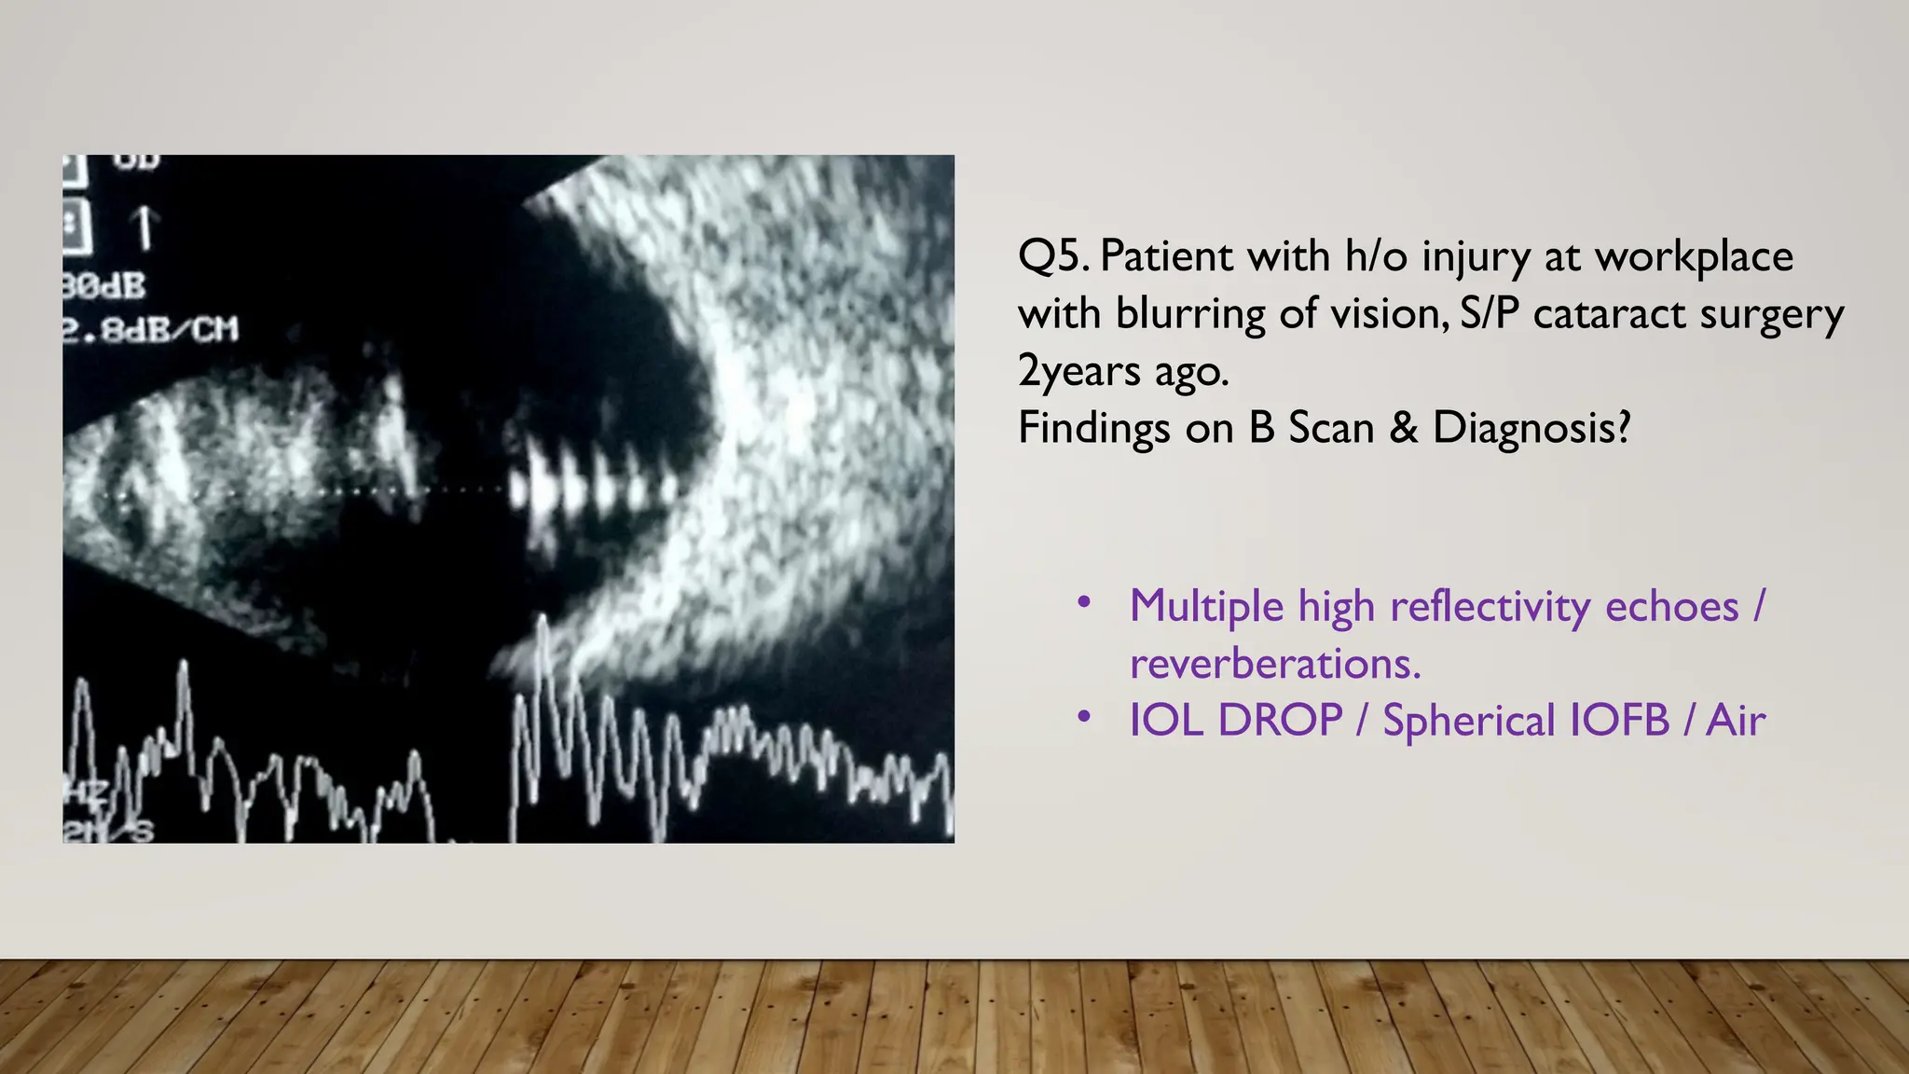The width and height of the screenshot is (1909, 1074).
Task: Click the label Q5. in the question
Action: coord(1053,257)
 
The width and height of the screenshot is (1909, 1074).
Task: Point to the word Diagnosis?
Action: coord(1531,429)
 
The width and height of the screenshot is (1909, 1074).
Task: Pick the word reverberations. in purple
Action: coord(1275,664)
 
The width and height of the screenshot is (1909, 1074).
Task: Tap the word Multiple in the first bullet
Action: coord(1206,607)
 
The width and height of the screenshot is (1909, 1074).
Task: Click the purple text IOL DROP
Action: coord(1235,721)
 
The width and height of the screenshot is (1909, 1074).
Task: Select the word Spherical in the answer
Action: coord(1469,722)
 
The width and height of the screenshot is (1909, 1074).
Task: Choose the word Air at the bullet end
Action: coord(1736,721)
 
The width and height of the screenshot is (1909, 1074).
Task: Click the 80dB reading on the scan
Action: coord(104,286)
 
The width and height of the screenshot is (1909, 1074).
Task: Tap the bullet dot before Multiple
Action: coord(1083,602)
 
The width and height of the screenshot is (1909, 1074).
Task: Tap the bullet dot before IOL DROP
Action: coord(1083,717)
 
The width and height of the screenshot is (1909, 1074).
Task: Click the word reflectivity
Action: coord(1490,607)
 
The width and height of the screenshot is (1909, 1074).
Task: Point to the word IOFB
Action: coord(1619,721)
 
